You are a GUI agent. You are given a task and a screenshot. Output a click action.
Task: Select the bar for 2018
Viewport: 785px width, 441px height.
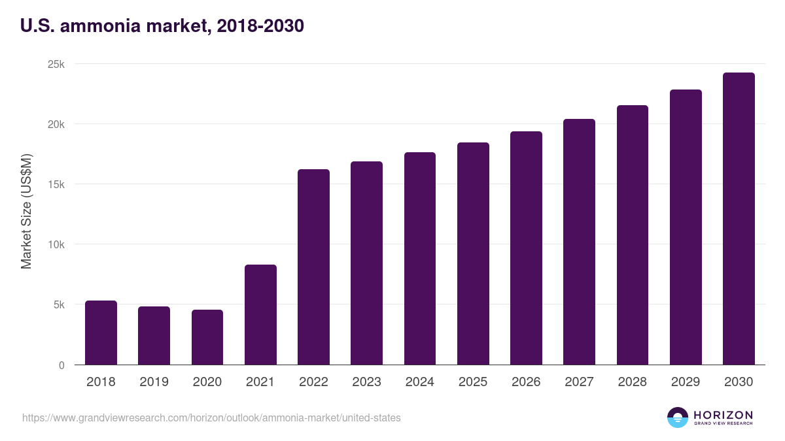[101, 333]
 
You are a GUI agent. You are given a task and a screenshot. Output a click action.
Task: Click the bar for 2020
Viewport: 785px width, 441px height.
[207, 337]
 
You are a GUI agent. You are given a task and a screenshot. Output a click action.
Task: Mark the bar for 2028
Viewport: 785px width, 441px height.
[633, 235]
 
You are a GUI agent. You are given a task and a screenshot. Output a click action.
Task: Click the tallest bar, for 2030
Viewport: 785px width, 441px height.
[739, 218]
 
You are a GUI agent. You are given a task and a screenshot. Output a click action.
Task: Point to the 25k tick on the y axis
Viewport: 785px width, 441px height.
[57, 64]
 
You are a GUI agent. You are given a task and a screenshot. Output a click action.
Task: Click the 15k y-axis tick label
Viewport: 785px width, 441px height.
[57, 184]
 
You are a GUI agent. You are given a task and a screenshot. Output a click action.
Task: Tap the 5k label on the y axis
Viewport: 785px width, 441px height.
[59, 304]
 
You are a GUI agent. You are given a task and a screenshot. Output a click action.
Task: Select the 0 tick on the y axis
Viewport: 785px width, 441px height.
[61, 365]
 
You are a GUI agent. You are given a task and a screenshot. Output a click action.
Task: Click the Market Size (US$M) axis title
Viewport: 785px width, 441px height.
[26, 211]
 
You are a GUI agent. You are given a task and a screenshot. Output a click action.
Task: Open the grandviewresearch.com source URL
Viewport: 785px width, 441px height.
[211, 417]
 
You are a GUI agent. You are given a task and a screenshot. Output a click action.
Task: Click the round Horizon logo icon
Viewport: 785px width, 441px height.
[678, 417]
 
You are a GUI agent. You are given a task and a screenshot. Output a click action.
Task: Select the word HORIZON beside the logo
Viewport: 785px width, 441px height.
[723, 414]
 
